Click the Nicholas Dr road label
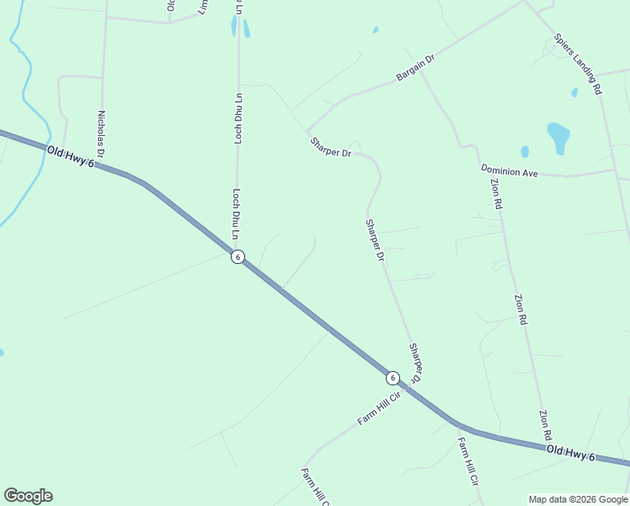(x=100, y=135)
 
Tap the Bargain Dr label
(x=414, y=69)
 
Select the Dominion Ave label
(x=510, y=171)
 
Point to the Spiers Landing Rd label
(x=579, y=63)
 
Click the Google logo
(x=28, y=496)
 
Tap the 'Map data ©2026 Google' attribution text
(x=579, y=499)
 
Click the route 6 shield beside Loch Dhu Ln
(x=238, y=257)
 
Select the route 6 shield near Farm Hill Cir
(x=392, y=377)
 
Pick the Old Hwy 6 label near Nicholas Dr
(x=70, y=156)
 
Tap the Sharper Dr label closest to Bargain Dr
(x=330, y=148)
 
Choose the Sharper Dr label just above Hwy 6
(x=416, y=361)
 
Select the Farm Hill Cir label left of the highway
(x=377, y=408)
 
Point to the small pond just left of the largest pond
(x=525, y=152)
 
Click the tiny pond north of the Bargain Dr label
(x=375, y=30)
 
